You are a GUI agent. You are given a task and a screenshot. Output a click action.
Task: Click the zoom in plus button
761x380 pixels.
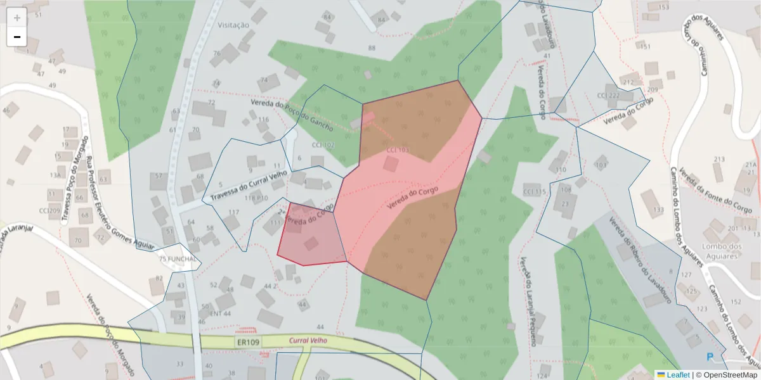pos(16,18)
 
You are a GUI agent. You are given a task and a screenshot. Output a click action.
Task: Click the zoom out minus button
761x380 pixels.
pos(16,37)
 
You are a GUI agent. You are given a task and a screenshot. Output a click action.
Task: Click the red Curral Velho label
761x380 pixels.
pos(308,340)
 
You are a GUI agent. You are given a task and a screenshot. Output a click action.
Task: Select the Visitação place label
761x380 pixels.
pos(233,25)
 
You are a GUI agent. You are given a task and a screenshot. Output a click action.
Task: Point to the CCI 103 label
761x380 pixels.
pos(398,149)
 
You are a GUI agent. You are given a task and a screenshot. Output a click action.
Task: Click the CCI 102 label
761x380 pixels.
pos(323,145)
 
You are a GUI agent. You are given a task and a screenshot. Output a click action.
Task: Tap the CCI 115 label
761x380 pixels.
pos(534,191)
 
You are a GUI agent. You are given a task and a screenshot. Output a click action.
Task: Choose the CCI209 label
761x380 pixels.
pos(49,210)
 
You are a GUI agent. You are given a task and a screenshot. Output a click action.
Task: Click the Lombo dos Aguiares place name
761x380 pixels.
pos(722,251)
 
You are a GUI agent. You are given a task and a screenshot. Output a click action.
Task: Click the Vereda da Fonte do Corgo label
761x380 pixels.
pos(715,191)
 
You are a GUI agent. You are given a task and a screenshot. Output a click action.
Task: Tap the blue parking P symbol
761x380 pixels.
pos(710,357)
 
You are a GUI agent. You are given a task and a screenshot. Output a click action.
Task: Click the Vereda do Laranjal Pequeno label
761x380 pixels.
pos(528,300)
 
